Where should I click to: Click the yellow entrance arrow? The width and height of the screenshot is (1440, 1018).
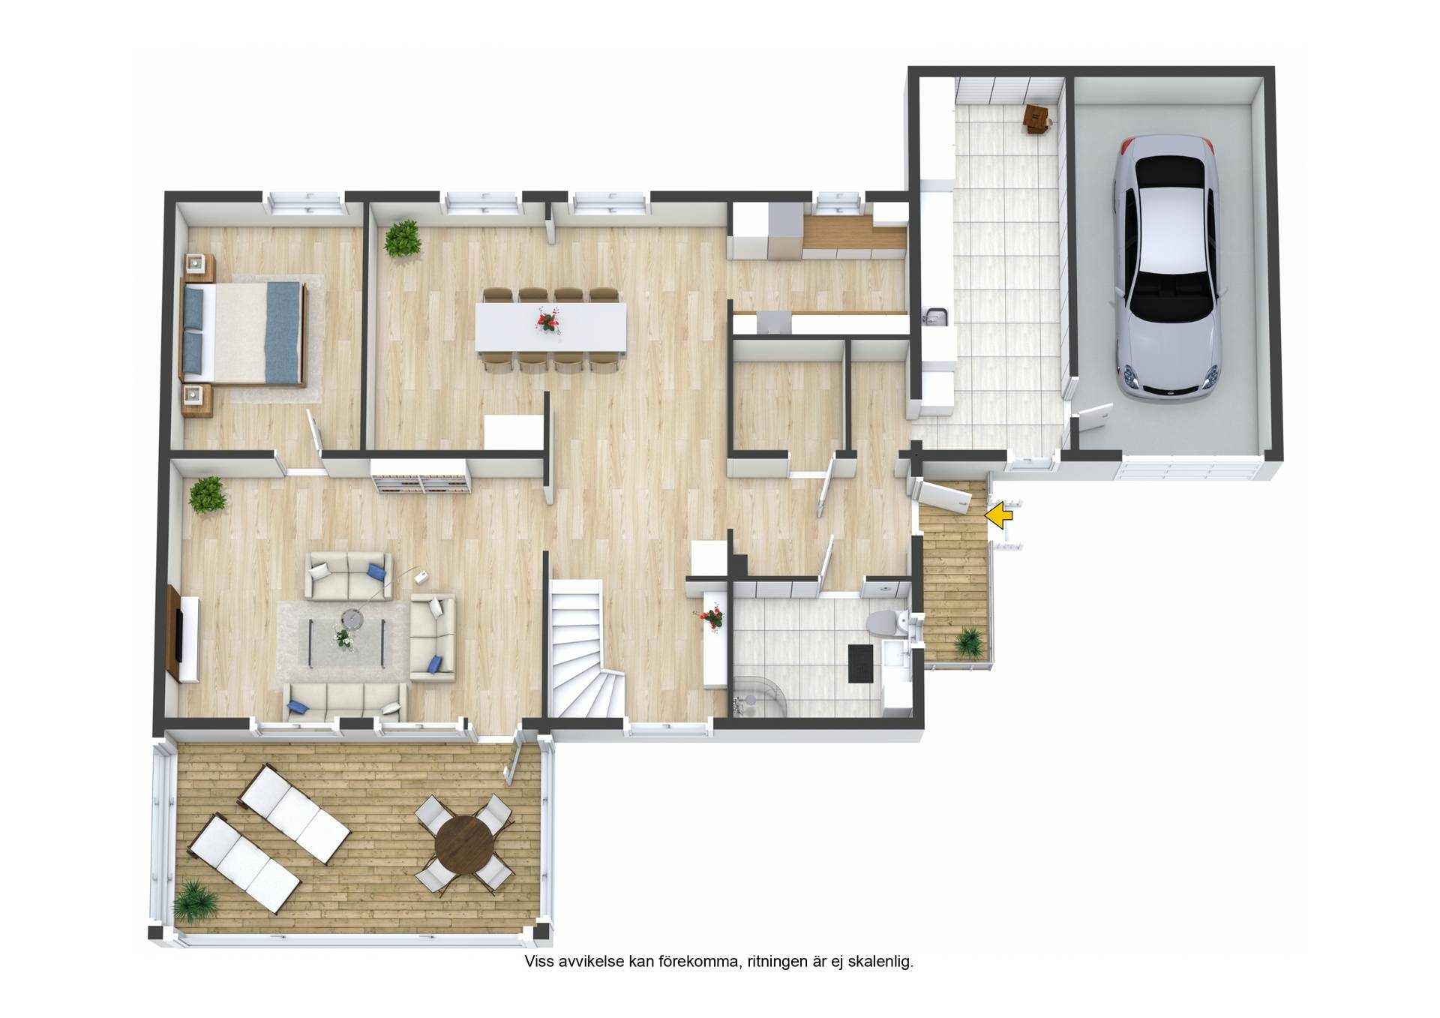998,515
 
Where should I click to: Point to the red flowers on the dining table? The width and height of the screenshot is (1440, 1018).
549,321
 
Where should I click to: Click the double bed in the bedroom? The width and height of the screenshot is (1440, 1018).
242,332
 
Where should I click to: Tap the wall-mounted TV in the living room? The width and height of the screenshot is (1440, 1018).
178,635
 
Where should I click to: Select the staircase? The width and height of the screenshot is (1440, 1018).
586,650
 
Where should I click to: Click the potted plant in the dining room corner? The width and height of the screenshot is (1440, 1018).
402,239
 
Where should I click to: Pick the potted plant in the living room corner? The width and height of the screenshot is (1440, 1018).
207,495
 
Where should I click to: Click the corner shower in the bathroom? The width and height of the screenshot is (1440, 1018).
757,695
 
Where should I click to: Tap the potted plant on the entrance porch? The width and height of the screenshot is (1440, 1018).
968,643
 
